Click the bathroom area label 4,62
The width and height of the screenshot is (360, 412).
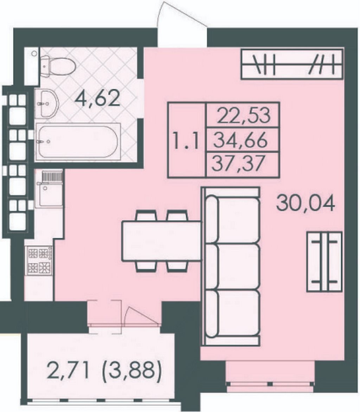tap(97, 99)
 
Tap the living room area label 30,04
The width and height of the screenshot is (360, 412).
tap(306, 204)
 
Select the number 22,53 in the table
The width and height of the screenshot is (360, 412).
tap(244, 116)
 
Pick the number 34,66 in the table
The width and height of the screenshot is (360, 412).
tap(241, 141)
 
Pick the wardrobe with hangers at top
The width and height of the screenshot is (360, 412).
tap(292, 64)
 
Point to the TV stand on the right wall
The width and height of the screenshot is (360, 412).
tap(324, 262)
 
